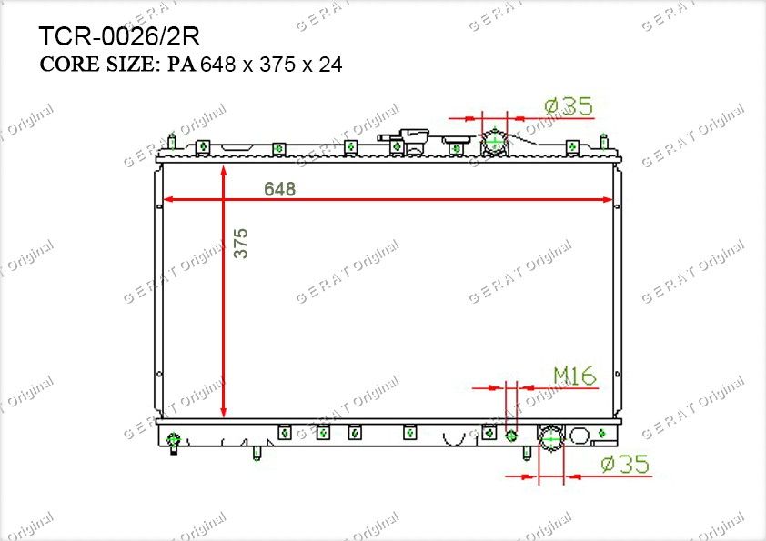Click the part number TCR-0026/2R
click(119, 36)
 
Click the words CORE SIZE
click(97, 65)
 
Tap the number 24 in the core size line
click(331, 65)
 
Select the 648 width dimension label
click(280, 189)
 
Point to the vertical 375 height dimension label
click(241, 243)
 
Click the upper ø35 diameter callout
click(569, 106)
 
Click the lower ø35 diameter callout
click(625, 464)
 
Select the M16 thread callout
click(575, 376)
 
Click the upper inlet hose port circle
click(494, 142)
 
